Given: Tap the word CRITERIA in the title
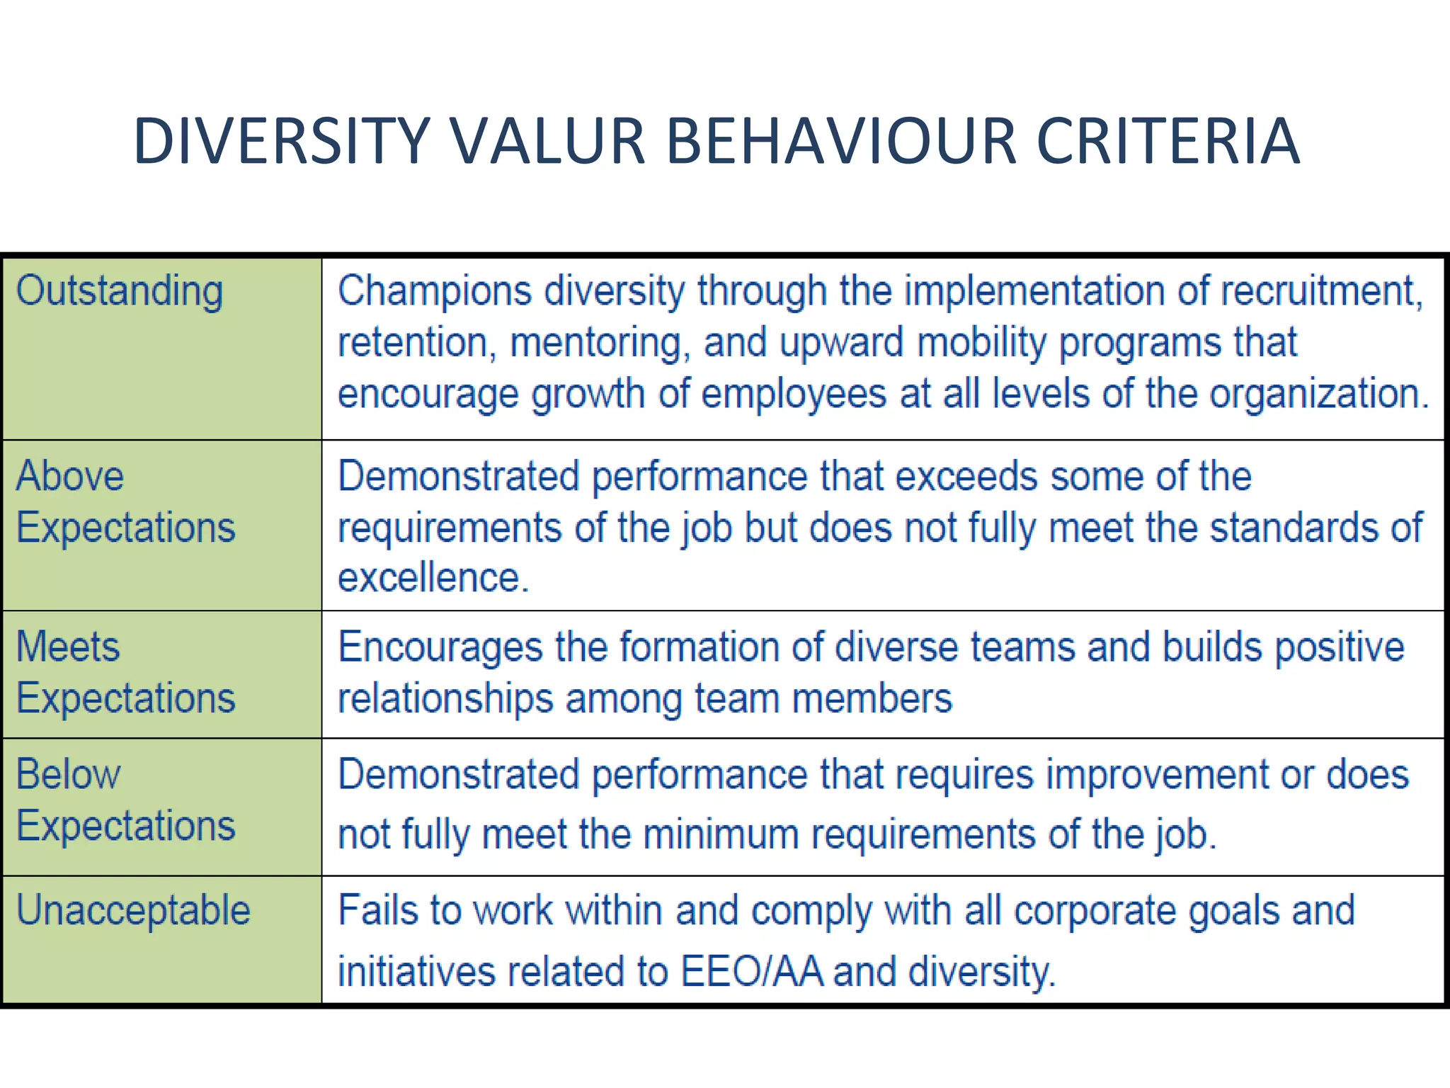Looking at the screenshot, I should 1168,142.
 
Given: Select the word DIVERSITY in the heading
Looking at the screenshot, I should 282,142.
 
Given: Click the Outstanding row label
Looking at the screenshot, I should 119,292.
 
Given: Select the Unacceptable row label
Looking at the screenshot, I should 133,910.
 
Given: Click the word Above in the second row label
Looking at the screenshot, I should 69,476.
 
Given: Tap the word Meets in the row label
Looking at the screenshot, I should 68,647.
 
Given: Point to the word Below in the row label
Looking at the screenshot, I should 68,774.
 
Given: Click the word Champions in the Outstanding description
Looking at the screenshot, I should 434,292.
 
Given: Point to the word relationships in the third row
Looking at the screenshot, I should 445,700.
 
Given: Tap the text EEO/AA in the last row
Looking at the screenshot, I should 752,971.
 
